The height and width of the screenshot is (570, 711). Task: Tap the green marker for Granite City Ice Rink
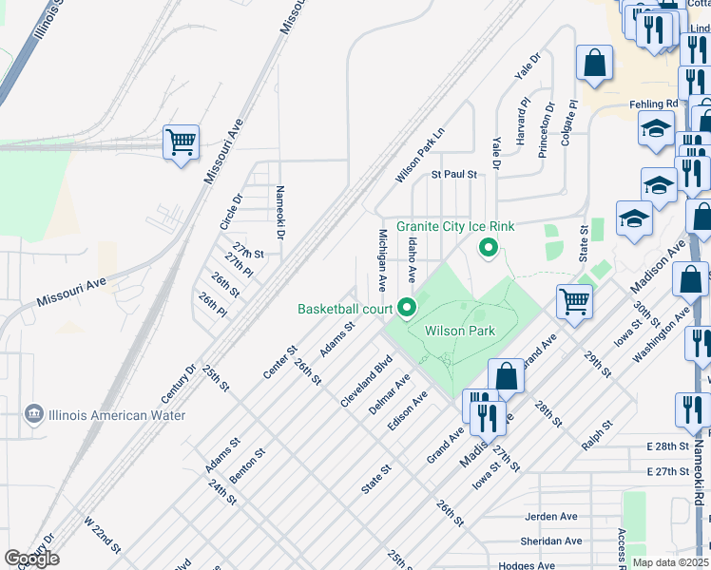pos(489,249)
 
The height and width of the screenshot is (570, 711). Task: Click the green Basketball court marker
pos(408,308)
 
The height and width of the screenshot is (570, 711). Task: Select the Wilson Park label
pos(459,332)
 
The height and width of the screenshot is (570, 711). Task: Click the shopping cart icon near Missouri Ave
pos(181,143)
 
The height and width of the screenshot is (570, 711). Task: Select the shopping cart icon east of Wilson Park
pos(574,302)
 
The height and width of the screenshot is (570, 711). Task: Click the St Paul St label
pos(453,175)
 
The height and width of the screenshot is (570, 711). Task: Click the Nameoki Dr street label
pos(280,213)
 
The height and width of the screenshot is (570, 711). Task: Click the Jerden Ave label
pos(552,517)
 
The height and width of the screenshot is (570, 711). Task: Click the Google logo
pos(31,559)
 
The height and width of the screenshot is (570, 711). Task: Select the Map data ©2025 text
pos(669,562)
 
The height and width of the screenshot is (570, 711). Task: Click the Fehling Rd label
pos(654,104)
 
